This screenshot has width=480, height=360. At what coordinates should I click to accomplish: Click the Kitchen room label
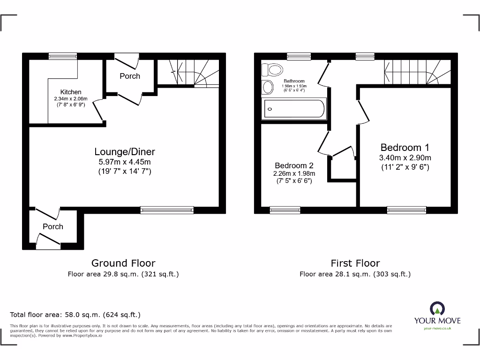pos(71,92)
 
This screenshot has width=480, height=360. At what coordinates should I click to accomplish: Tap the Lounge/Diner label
pos(125,151)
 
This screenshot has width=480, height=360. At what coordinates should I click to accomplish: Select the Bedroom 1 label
pos(405,147)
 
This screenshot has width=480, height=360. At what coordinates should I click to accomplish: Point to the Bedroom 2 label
pos(294,165)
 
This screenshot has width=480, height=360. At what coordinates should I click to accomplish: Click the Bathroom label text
pos(294,81)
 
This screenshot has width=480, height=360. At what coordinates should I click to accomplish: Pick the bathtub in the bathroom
pos(294,109)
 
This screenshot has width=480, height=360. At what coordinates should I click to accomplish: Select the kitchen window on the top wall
pos(62,56)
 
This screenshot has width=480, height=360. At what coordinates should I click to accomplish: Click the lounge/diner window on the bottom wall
pos(167,210)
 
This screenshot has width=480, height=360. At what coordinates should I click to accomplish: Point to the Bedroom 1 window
pos(406,210)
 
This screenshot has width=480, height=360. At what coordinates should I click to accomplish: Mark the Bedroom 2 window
pos(285,210)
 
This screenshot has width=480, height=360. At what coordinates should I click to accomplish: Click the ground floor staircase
pos(188,73)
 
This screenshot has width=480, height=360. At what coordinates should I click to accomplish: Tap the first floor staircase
pos(417,72)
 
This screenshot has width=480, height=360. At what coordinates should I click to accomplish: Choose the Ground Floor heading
pos(123,263)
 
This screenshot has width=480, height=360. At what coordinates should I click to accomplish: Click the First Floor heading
pos(355,263)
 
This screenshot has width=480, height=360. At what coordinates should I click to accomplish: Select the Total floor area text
pos(75,315)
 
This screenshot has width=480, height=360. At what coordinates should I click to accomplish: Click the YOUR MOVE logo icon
pos(437,308)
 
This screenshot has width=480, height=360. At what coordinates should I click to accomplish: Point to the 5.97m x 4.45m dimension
pos(125,162)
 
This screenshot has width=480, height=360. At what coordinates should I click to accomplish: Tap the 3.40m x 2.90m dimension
pos(405,157)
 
